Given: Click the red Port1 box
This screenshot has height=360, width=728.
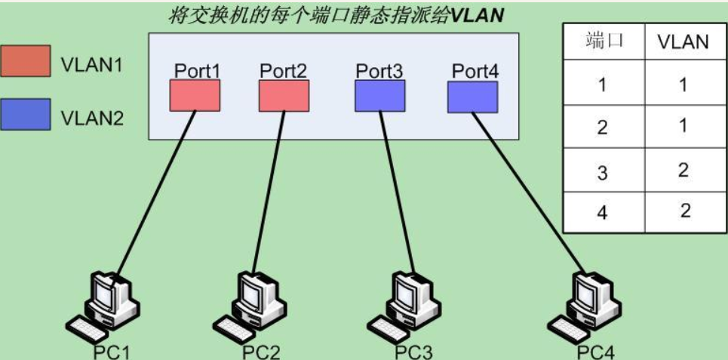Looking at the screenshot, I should (194, 96).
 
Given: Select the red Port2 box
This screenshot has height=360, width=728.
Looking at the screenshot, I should (283, 96).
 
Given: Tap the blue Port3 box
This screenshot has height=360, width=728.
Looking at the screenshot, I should (379, 96).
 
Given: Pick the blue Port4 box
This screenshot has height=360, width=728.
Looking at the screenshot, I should (472, 97).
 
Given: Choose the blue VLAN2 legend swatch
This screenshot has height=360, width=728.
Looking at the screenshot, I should (26, 116).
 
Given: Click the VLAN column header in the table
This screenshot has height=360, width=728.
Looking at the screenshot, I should (683, 42).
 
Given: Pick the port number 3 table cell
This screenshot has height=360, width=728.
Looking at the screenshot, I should (602, 171).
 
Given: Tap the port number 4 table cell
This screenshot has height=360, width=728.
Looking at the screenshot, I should (602, 212).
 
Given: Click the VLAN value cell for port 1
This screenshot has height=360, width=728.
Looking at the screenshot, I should (683, 85).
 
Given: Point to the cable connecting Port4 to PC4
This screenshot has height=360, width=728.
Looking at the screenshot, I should (528, 189).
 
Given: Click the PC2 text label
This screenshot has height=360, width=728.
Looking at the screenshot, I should (261, 352).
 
